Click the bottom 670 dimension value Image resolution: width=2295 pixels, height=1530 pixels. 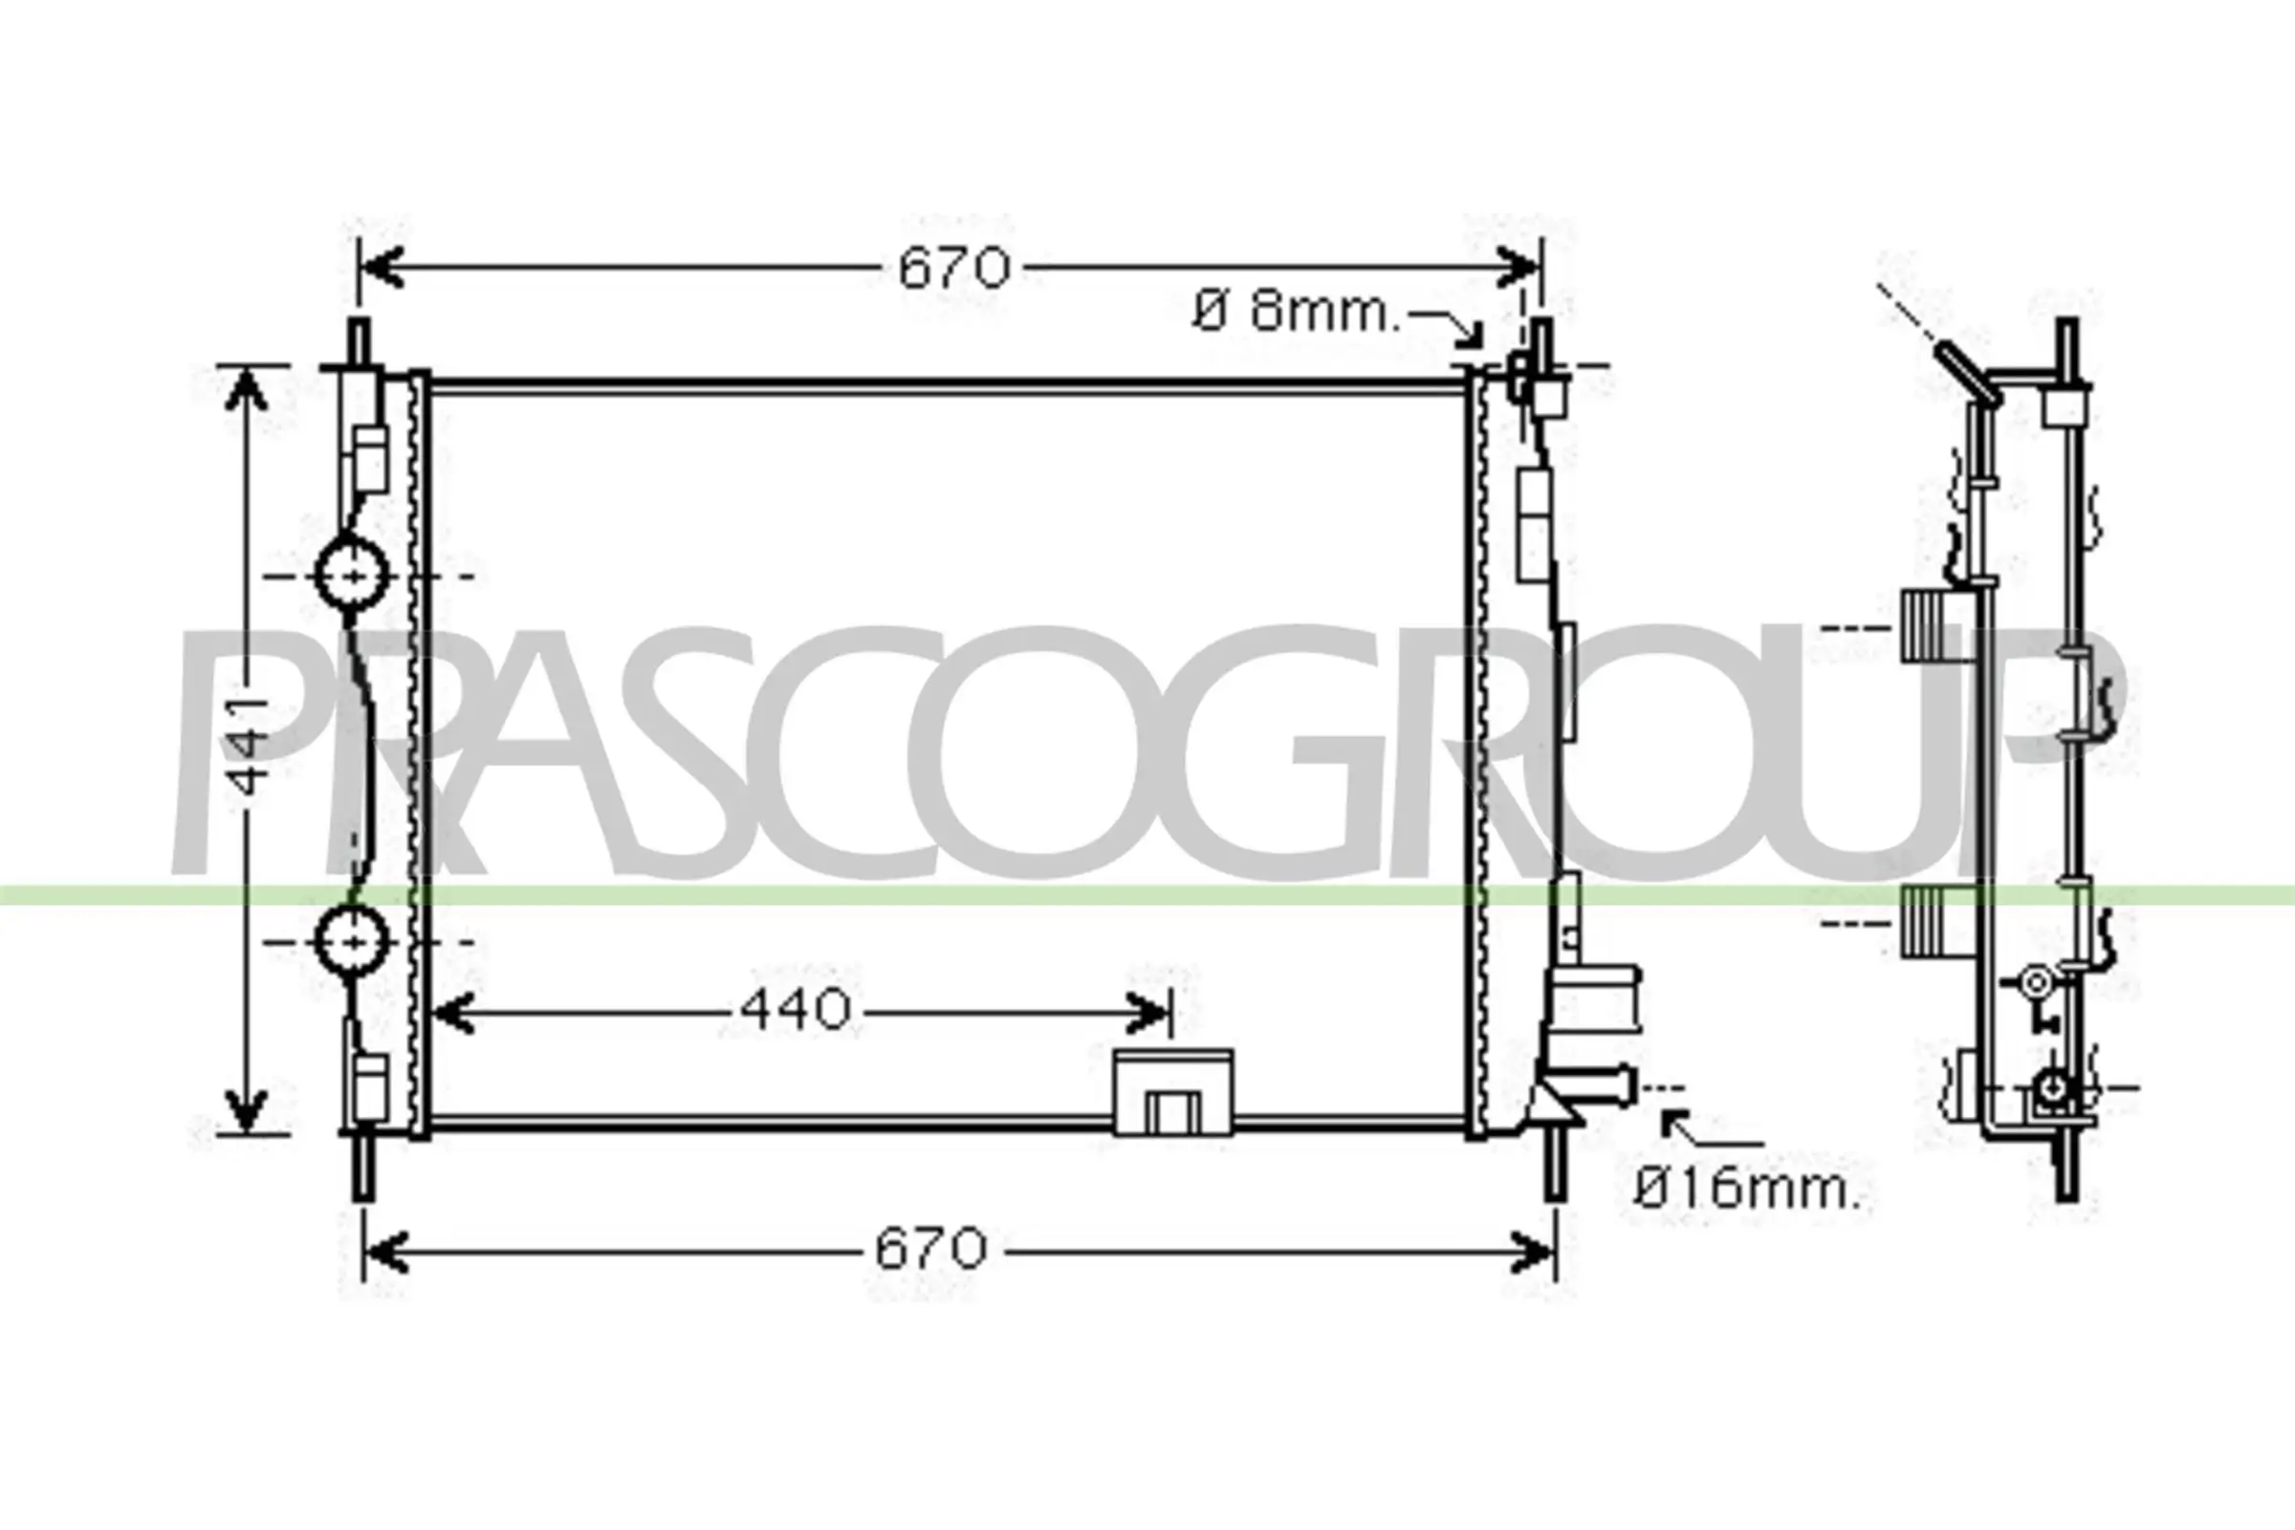click(929, 1248)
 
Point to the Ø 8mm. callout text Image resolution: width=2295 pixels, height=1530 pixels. click(1296, 313)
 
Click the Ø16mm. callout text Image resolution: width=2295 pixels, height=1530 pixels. click(1748, 1189)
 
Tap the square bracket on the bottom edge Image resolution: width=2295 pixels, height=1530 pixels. click(1173, 1092)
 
